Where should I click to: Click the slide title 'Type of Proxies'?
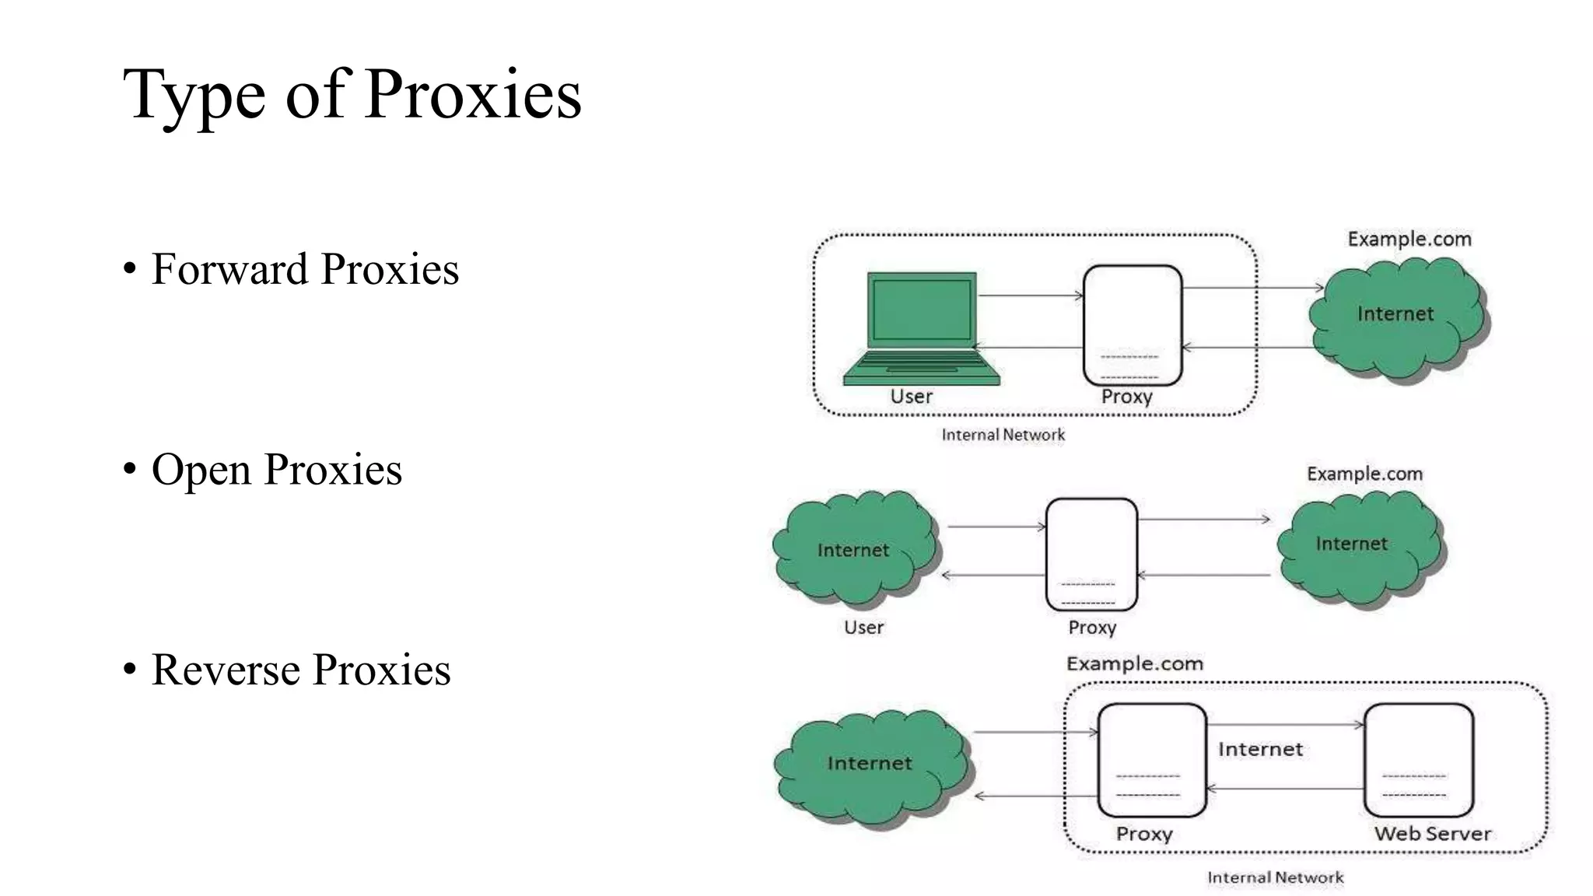(352, 95)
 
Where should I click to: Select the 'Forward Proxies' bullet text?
(304, 269)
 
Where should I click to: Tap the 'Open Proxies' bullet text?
(276, 470)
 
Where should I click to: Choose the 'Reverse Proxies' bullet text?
(300, 670)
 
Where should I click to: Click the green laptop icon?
(922, 327)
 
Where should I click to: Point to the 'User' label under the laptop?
(911, 397)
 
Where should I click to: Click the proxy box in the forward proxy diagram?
(1133, 325)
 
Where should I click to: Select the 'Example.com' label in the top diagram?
(1409, 239)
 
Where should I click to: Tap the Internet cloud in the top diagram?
(1398, 319)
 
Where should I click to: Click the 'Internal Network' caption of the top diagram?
(1003, 435)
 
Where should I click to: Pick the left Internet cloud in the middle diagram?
(855, 548)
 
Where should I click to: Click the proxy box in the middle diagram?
(1091, 554)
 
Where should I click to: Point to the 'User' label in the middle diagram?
(863, 627)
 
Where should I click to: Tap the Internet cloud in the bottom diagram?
(870, 766)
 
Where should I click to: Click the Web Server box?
(1418, 759)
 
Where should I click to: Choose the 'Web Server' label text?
(1432, 834)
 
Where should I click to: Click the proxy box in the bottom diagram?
(1151, 759)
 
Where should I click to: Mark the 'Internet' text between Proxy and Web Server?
(1260, 749)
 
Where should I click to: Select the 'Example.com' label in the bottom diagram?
(1134, 663)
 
